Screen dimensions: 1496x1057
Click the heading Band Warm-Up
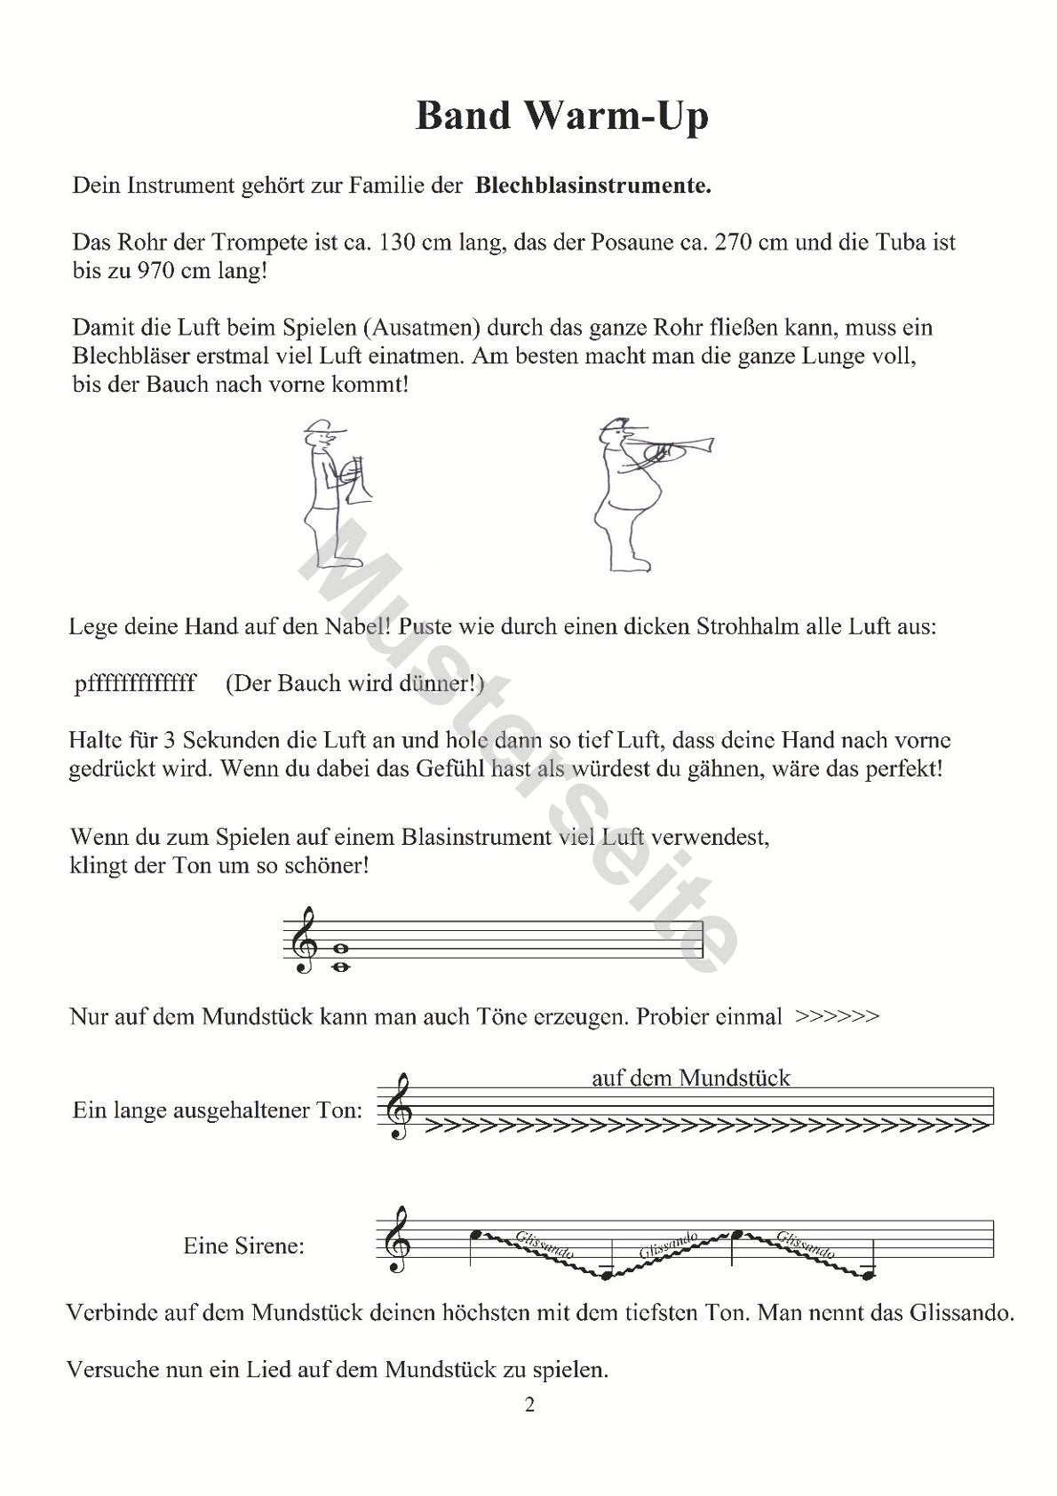561,116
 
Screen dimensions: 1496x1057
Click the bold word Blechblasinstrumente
593,187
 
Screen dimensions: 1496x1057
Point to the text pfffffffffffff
135,683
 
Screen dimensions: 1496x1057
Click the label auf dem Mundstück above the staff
690,1078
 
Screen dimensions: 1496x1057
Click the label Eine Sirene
243,1245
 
